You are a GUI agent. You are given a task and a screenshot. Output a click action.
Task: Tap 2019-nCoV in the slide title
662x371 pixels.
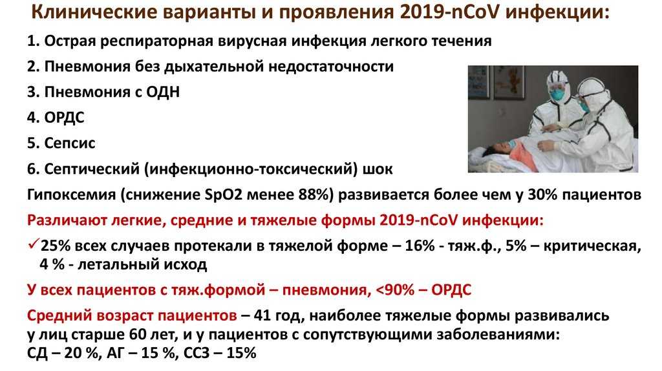coord(449,12)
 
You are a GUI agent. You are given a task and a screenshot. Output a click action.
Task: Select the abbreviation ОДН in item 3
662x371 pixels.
coord(163,92)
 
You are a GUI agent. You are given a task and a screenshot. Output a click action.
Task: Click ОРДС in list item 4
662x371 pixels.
coord(64,118)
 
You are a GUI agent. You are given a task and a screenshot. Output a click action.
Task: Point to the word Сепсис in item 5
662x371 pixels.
coord(70,143)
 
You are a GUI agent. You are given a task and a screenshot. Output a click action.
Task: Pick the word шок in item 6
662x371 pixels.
coord(378,169)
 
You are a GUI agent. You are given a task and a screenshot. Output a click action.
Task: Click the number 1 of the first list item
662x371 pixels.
coord(31,41)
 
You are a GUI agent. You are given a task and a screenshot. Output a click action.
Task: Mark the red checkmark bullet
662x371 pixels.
coord(34,244)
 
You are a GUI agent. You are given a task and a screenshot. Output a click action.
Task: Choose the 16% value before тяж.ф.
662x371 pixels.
coord(420,246)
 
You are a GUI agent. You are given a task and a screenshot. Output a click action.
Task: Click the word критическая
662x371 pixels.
coord(592,246)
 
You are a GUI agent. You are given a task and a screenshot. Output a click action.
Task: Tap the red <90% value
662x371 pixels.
coord(392,290)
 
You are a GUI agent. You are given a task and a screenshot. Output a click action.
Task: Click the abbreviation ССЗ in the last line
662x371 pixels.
coord(197,352)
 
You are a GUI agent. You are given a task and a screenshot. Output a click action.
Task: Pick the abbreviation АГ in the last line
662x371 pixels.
coord(116,352)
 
